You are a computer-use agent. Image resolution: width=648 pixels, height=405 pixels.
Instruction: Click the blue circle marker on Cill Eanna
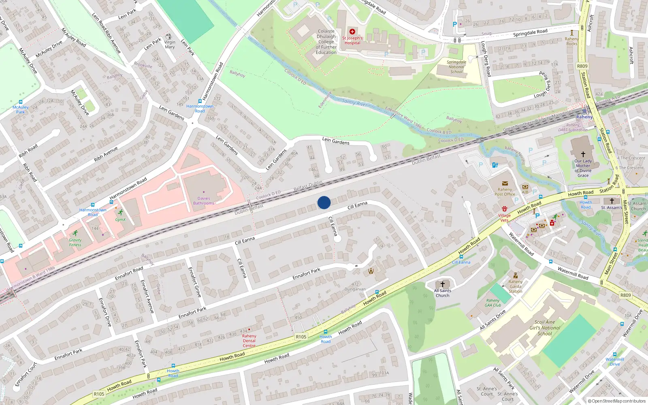(324, 202)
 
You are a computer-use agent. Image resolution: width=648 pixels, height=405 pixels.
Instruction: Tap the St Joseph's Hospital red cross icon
(352, 32)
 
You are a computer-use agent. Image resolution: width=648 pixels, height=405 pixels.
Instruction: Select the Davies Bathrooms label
(204, 201)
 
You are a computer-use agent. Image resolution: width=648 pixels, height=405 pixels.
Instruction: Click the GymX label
(120, 220)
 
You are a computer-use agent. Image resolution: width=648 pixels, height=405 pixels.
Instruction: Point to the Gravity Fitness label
(75, 242)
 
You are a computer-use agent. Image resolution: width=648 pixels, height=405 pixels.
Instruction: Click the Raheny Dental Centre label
(249, 341)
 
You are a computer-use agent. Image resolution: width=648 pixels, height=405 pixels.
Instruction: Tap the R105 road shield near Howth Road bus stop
(301, 337)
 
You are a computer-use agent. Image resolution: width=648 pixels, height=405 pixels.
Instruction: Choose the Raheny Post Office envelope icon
(505, 183)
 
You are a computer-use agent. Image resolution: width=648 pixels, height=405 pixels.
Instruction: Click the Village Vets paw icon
(504, 209)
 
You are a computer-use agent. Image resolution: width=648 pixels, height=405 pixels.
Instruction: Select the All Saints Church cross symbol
(442, 284)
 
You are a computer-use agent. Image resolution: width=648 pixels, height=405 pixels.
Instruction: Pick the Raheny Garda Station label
(516, 286)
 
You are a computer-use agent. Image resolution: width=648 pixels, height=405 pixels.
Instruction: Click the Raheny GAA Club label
(493, 303)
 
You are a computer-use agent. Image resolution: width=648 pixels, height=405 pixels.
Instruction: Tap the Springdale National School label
(456, 67)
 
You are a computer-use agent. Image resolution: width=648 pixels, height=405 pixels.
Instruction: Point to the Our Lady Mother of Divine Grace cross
(583, 154)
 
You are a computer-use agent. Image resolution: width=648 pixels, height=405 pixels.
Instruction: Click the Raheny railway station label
(584, 117)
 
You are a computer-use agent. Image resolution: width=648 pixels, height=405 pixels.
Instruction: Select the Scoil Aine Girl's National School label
(545, 328)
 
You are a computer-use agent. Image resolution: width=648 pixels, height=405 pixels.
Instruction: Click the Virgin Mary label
(170, 45)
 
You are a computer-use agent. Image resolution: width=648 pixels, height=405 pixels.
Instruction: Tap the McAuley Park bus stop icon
(20, 102)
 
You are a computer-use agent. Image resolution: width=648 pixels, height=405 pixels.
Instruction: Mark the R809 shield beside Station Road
(582, 66)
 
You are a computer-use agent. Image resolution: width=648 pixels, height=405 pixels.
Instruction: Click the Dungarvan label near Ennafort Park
(355, 289)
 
